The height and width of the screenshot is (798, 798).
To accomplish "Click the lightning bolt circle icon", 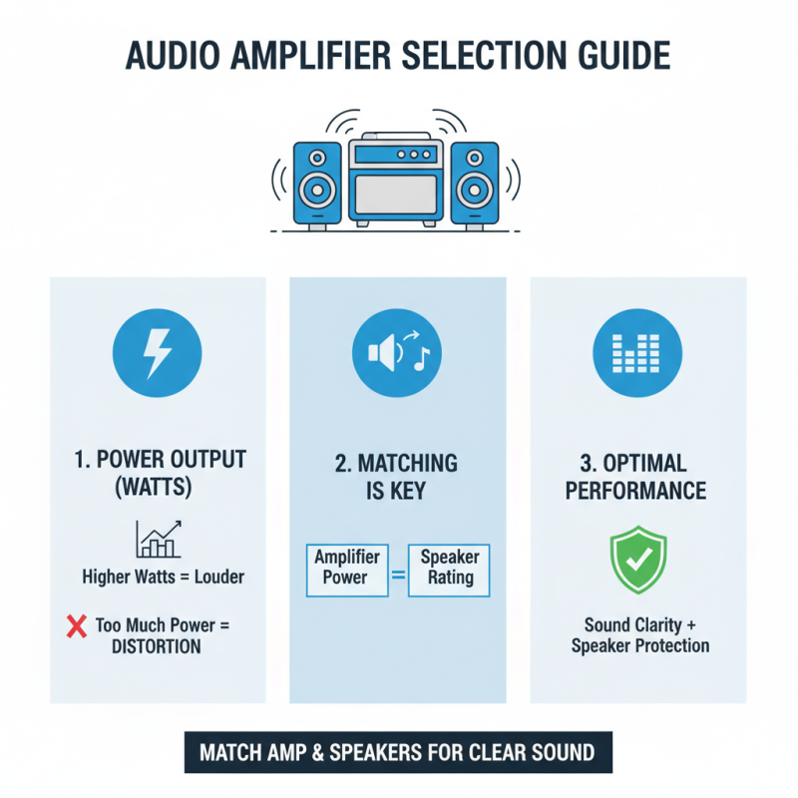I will (x=158, y=353).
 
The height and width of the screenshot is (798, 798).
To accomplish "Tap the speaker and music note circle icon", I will (x=397, y=353).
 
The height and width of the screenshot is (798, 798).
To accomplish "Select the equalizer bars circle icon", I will (x=637, y=353).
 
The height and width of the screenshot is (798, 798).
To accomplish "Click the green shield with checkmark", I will (x=637, y=560).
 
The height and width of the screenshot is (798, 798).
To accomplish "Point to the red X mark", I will (x=76, y=627).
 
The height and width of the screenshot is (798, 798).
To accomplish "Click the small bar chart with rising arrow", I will (x=158, y=539).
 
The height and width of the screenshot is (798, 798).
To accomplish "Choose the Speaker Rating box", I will (x=450, y=569).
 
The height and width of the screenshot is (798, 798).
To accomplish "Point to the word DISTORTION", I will (x=158, y=646).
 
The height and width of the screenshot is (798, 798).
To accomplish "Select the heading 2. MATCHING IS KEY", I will (x=397, y=477).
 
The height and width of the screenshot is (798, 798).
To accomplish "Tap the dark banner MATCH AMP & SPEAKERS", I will (x=397, y=752).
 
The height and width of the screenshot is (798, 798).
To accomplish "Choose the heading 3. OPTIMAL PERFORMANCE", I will (x=637, y=477).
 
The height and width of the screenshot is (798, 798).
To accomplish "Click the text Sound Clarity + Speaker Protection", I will (x=639, y=635).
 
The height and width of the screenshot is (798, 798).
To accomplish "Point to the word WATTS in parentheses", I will (x=158, y=491).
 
